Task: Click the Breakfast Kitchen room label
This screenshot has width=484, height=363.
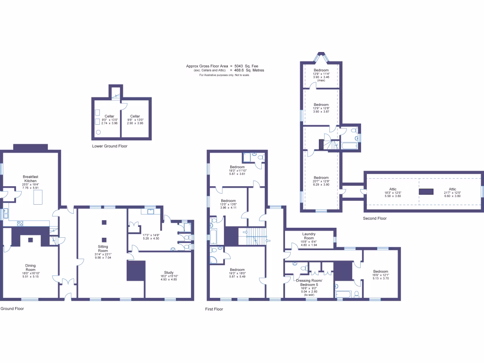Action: point(31,179)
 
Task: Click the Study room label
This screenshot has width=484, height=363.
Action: point(169,272)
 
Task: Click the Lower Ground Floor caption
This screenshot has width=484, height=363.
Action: point(110,147)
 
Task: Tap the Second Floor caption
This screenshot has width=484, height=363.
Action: point(375,218)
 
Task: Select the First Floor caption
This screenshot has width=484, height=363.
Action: point(215,309)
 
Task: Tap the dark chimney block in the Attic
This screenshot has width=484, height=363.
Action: point(426,191)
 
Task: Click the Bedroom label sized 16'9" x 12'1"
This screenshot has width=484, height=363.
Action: point(380,272)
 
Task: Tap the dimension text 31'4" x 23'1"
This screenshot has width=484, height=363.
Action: point(103,255)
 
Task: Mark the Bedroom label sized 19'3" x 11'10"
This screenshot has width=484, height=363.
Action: point(237,167)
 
